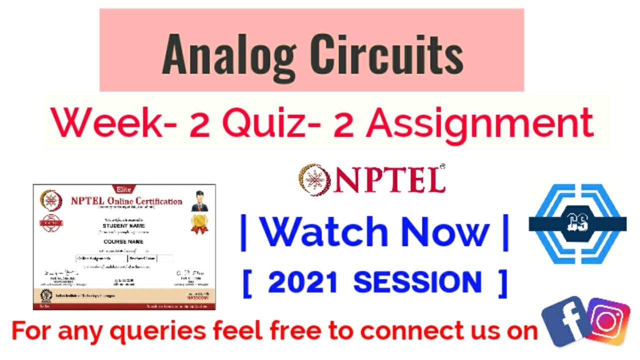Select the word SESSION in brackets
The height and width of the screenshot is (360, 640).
(x=417, y=283)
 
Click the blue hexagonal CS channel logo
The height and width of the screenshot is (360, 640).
(x=577, y=223)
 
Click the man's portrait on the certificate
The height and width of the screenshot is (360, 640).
(x=199, y=199)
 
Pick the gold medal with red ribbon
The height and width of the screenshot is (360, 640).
(x=199, y=223)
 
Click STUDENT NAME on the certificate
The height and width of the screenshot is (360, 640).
(x=123, y=225)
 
